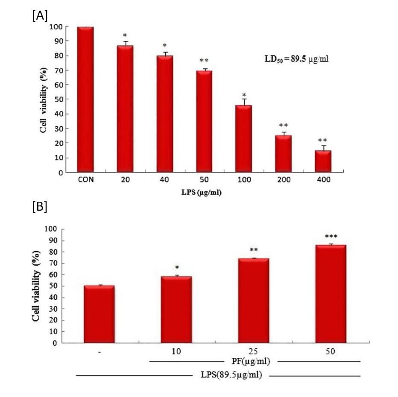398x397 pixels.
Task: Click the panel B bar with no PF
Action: click(99, 314)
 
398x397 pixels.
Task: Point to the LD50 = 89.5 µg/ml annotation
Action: click(295, 59)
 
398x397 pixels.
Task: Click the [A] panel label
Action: click(40, 16)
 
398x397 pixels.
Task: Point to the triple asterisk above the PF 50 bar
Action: click(331, 237)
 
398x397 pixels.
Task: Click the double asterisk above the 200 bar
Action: click(284, 125)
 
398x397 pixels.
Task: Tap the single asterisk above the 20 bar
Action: click(125, 35)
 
